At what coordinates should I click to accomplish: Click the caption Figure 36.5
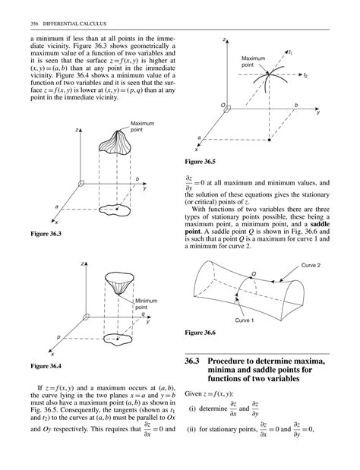(201, 162)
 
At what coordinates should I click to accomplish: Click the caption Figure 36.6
(201, 333)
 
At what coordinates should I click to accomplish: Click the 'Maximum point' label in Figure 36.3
(142, 127)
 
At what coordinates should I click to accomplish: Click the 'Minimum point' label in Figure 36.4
(147, 304)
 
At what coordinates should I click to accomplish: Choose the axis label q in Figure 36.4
(142, 314)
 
